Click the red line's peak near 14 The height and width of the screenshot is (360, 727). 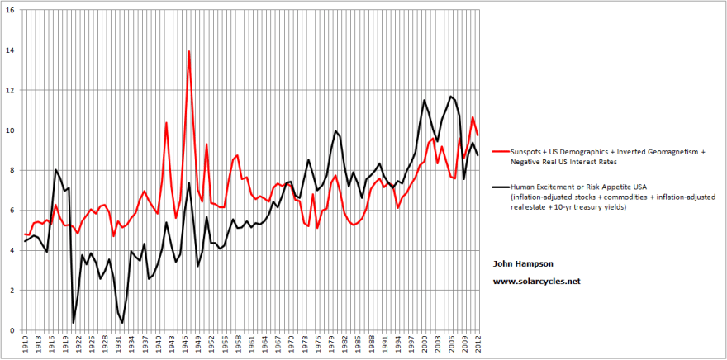click(189, 51)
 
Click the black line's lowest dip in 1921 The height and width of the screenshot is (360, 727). click(74, 322)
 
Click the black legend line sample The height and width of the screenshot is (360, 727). click(499, 187)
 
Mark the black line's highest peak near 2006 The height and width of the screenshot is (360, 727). click(451, 97)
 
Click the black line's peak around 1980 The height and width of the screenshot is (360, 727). click(335, 130)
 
